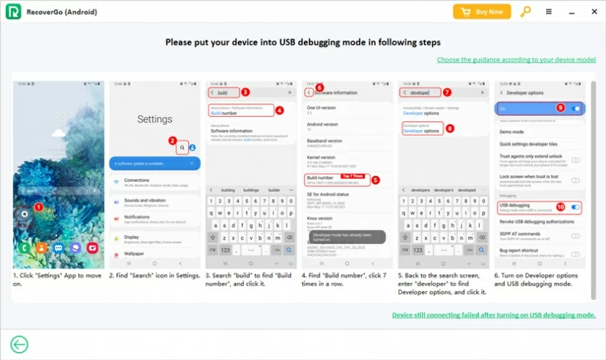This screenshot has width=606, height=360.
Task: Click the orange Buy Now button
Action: pyautogui.click(x=482, y=12)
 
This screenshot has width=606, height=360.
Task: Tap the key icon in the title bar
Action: pyautogui.click(x=525, y=12)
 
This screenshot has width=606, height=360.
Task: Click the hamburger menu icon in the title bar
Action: pyautogui.click(x=549, y=12)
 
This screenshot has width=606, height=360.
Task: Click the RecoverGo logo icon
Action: pyautogui.click(x=11, y=12)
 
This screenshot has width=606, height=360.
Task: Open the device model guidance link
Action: pyautogui.click(x=516, y=59)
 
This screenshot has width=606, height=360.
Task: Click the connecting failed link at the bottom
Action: pyautogui.click(x=493, y=315)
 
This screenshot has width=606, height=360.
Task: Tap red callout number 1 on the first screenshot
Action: pyautogui.click(x=39, y=207)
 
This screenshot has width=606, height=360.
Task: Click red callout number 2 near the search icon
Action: pyautogui.click(x=172, y=141)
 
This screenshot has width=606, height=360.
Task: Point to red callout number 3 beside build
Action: pyautogui.click(x=245, y=92)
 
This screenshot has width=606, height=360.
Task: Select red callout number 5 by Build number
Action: pyautogui.click(x=375, y=179)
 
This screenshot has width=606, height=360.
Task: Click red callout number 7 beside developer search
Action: pyautogui.click(x=447, y=92)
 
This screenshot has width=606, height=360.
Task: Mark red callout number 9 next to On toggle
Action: pyautogui.click(x=560, y=107)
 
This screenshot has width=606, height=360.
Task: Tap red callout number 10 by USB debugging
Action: pyautogui.click(x=560, y=206)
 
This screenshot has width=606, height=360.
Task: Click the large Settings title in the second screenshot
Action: pyautogui.click(x=154, y=119)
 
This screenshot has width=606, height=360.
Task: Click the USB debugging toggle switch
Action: pyautogui.click(x=575, y=207)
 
